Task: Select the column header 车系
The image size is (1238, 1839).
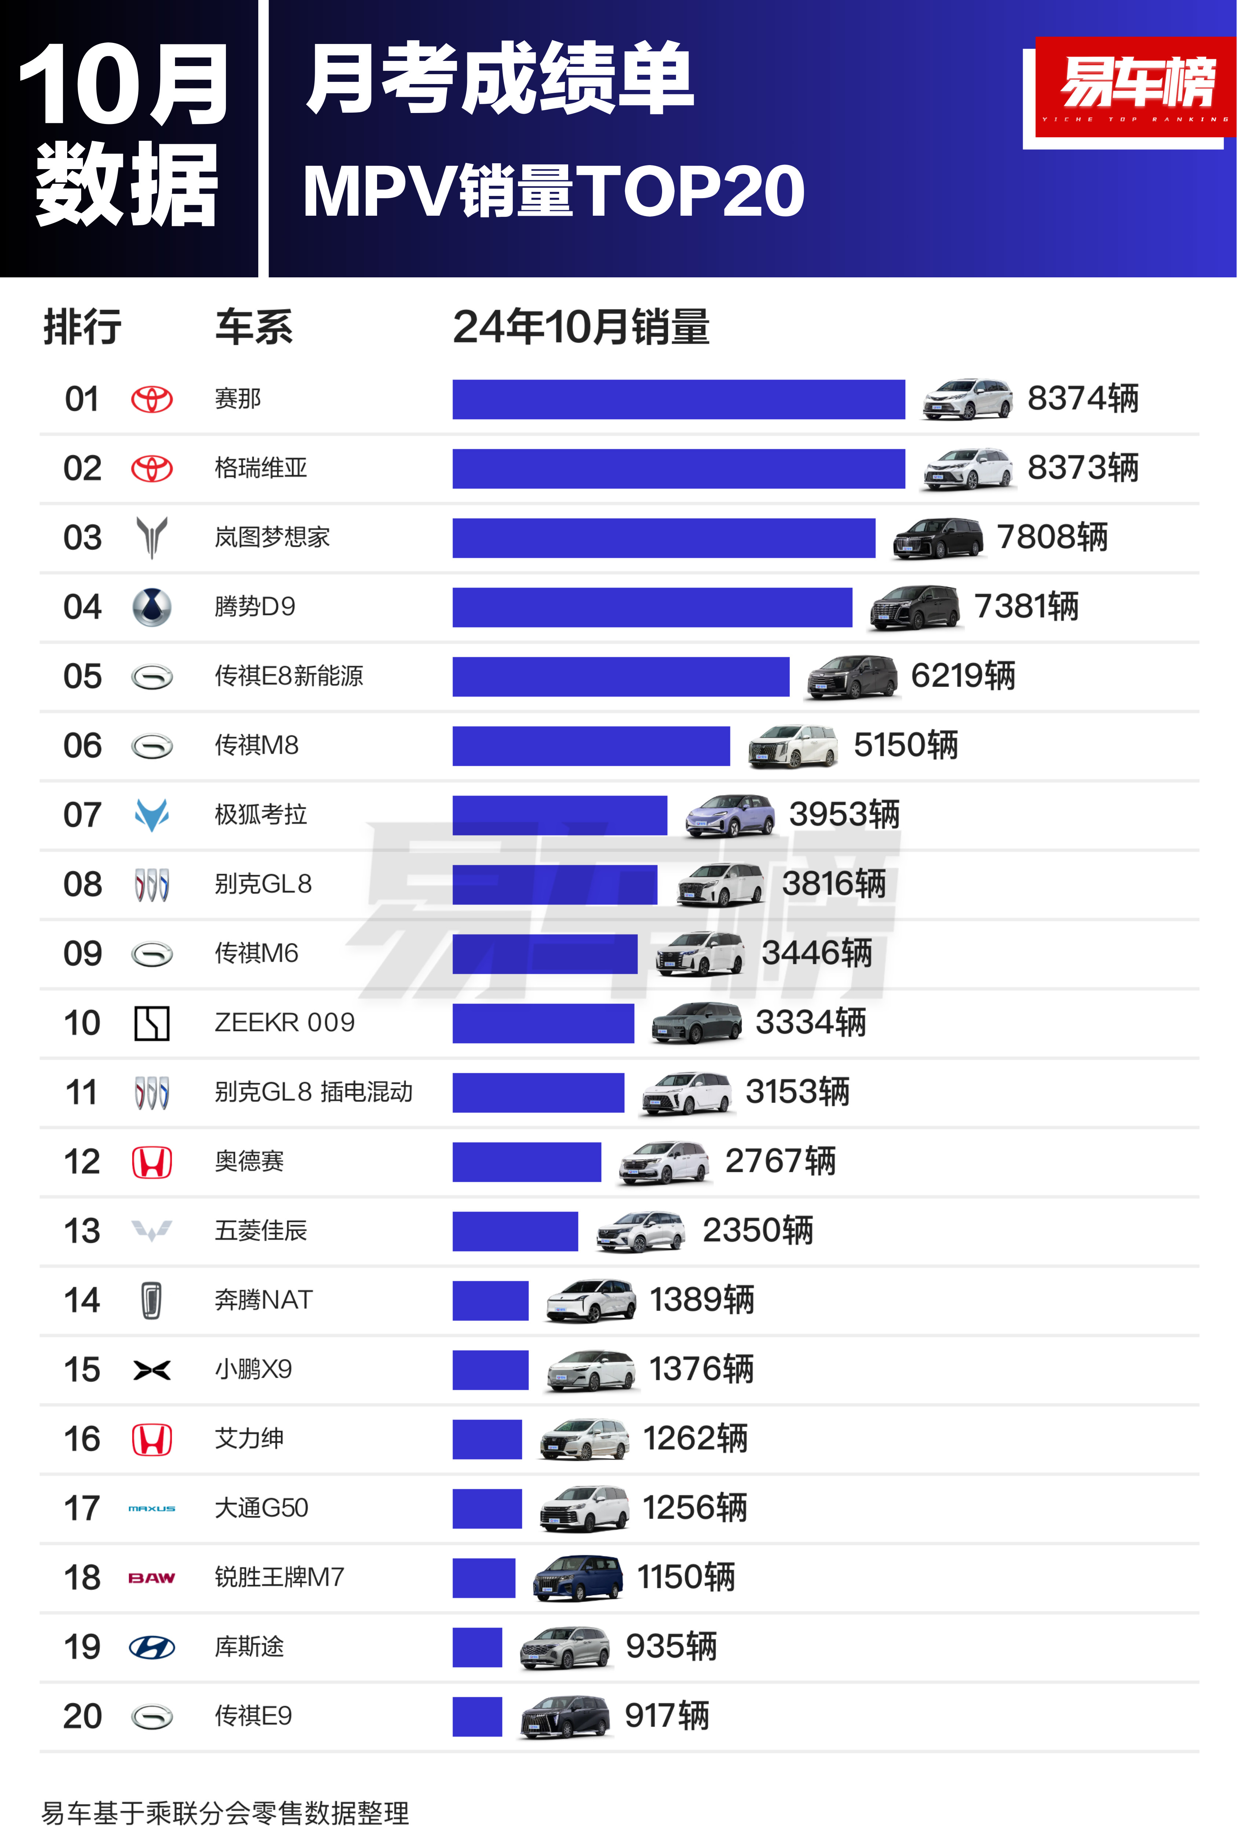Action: [253, 327]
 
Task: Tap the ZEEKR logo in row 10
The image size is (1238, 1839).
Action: [151, 1024]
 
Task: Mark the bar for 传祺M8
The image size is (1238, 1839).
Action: [591, 746]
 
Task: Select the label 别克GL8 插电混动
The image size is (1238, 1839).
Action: [314, 1092]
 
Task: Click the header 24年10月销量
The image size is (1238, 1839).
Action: [581, 327]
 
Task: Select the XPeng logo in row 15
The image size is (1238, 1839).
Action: [151, 1370]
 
